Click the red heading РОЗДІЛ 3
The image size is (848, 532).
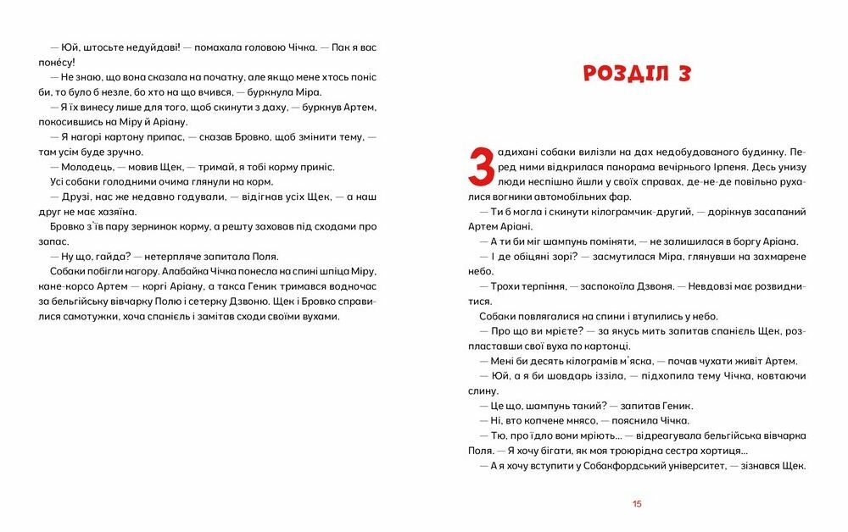pyautogui.click(x=637, y=73)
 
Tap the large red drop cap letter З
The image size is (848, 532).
pyautogui.click(x=481, y=164)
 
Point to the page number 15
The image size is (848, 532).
pyautogui.click(x=637, y=504)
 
